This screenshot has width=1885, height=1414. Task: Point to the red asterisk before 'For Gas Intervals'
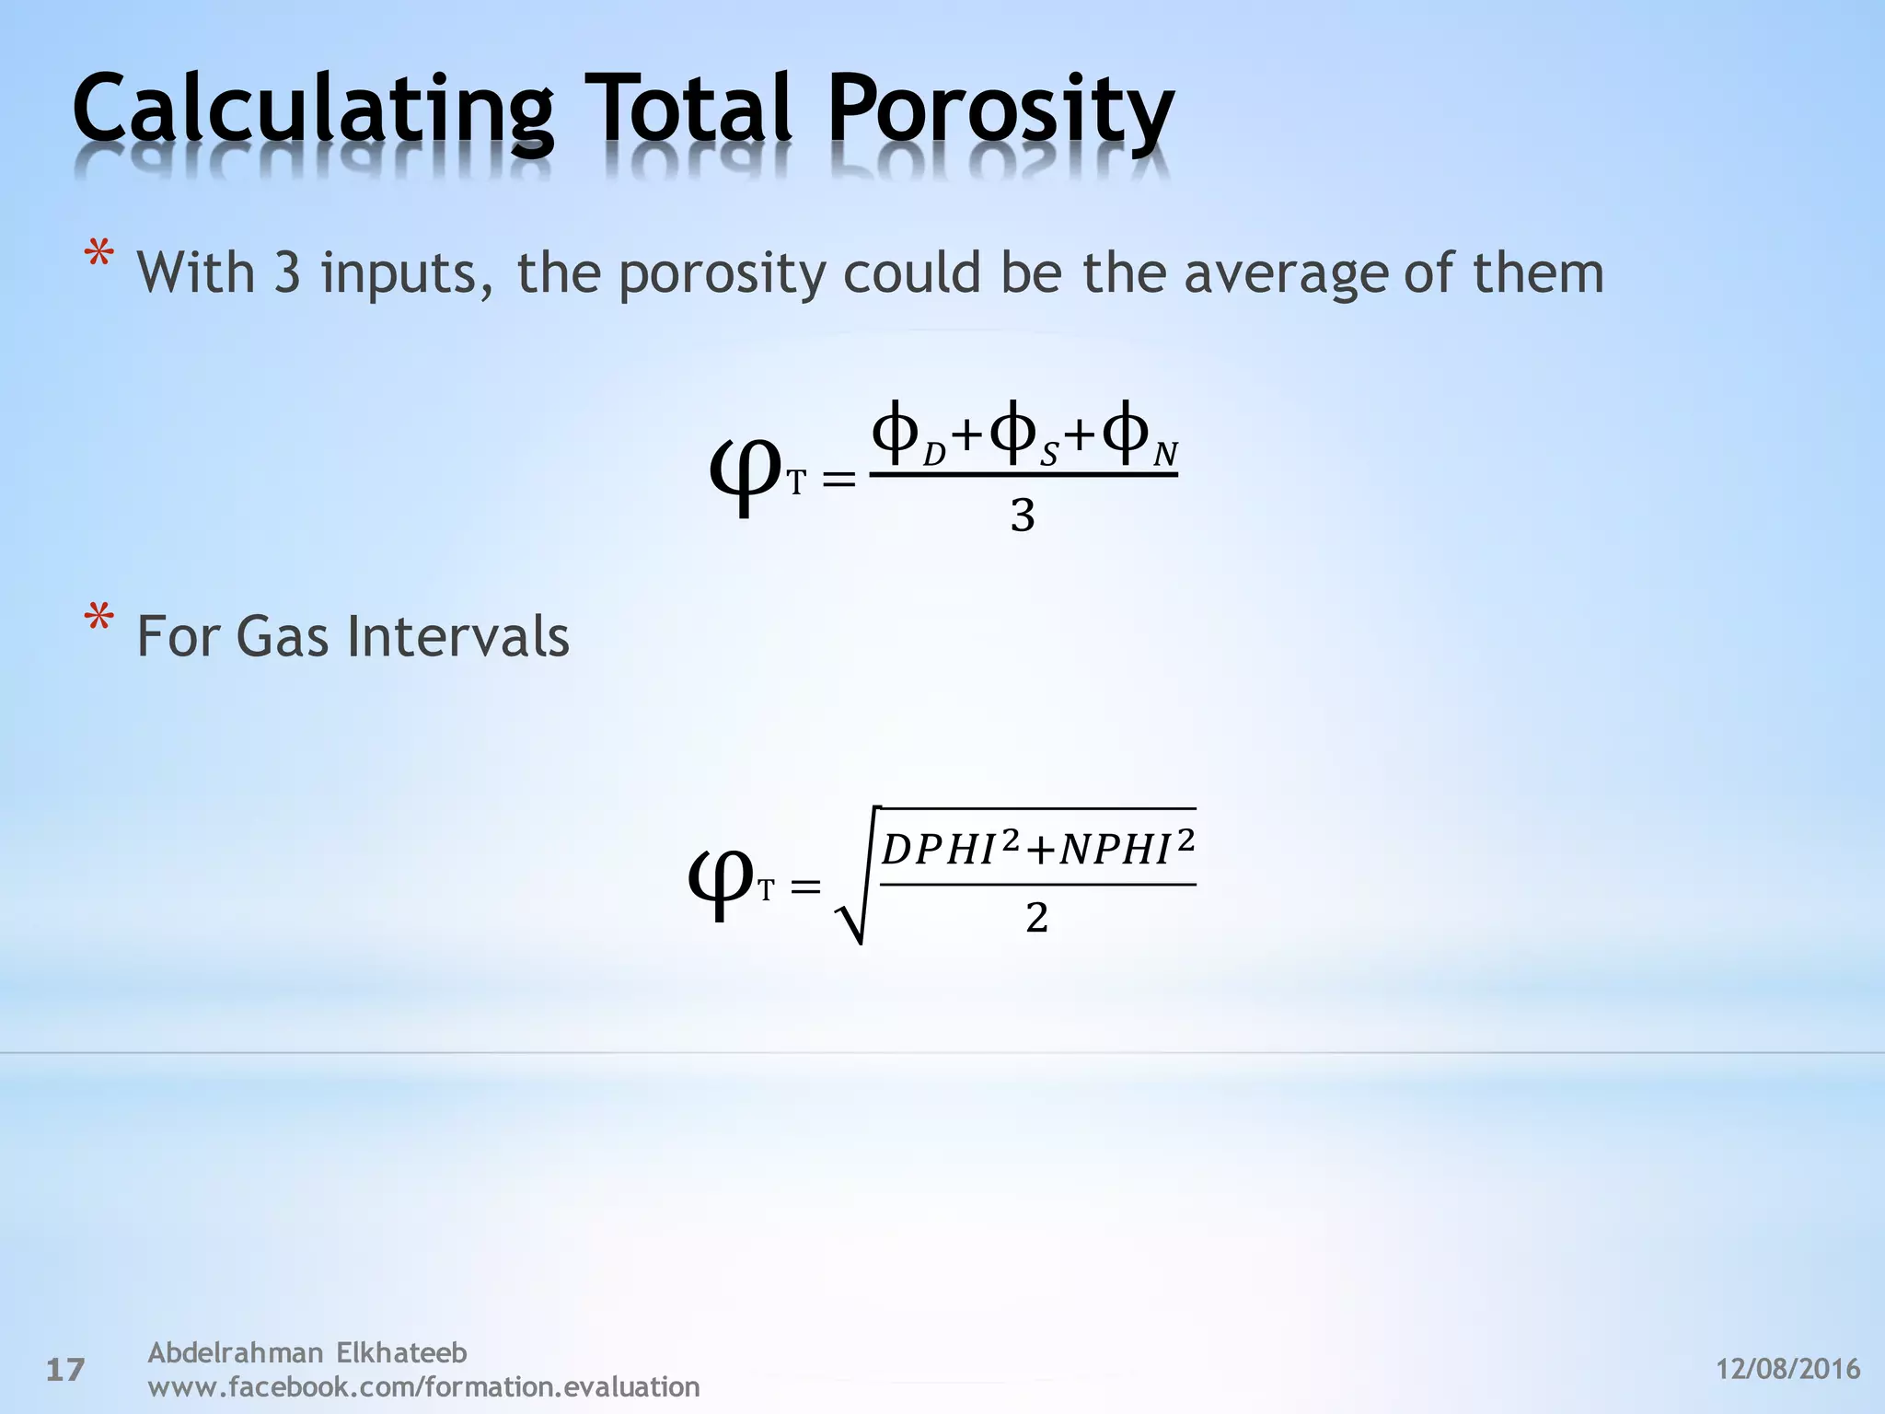point(99,619)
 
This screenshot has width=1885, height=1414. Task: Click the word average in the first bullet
point(1285,273)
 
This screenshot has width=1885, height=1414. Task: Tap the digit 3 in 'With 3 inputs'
point(287,273)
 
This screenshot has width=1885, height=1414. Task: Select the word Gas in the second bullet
point(282,636)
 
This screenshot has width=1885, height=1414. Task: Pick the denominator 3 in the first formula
point(1023,516)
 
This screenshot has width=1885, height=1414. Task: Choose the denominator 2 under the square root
point(1036,918)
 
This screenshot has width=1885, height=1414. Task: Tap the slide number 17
point(65,1370)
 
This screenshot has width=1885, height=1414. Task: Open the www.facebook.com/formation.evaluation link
point(423,1386)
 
